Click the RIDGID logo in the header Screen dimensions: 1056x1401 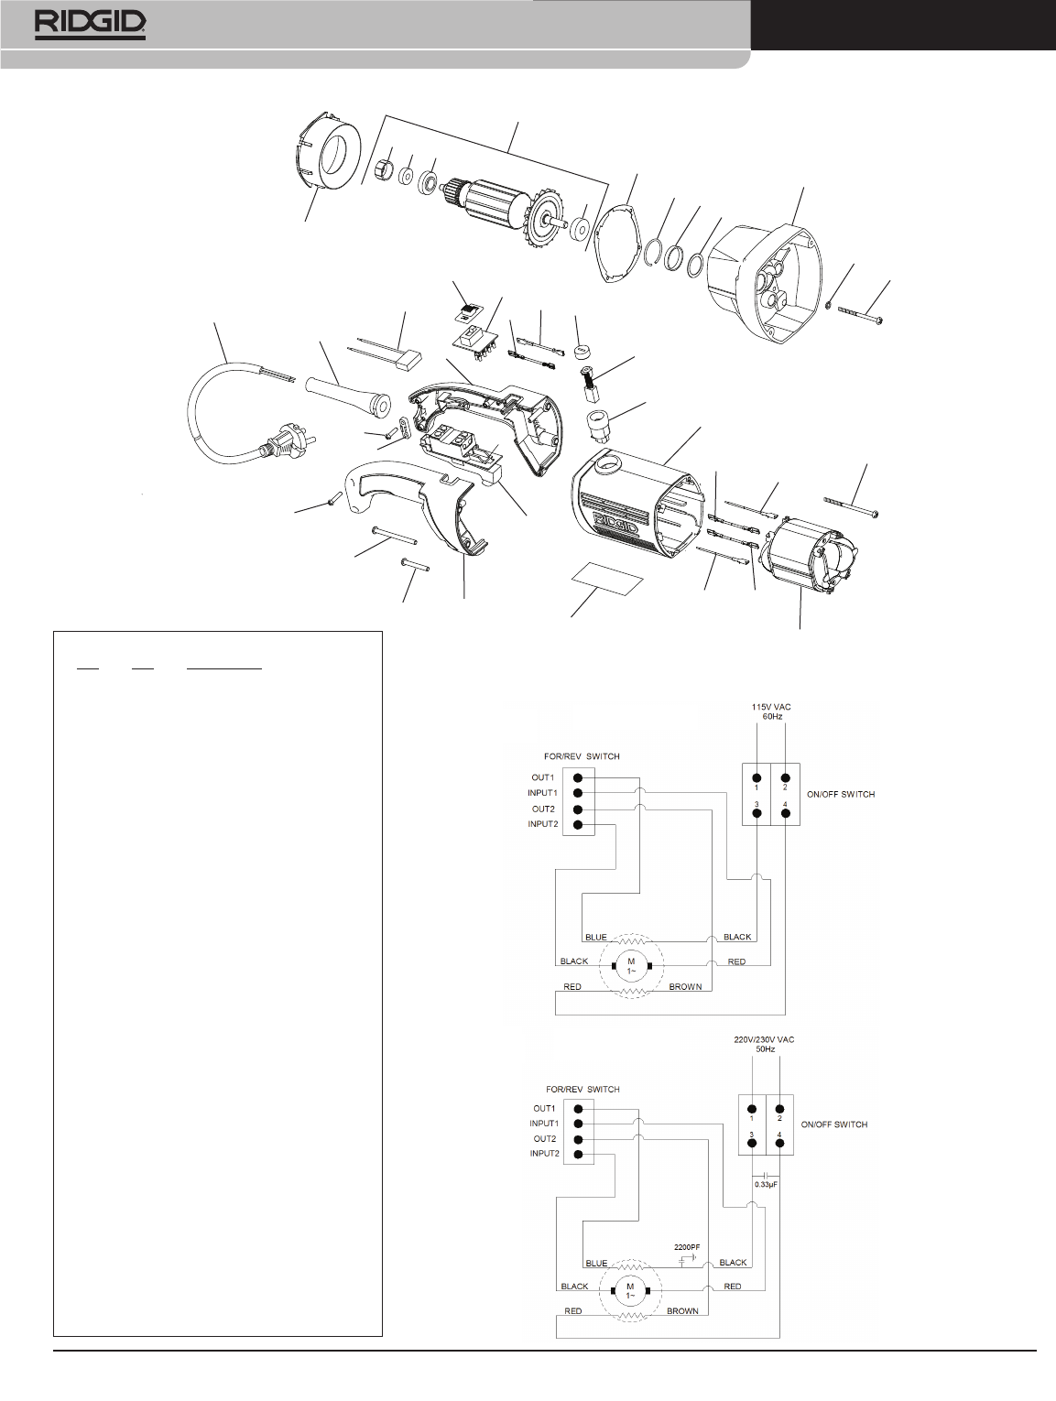[90, 25]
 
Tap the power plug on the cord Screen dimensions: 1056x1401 [279, 442]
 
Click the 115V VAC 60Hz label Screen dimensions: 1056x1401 [771, 711]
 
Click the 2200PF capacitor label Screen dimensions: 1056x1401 [687, 1246]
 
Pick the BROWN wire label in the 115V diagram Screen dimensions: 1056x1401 [685, 986]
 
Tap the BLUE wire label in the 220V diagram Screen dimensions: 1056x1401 [596, 1263]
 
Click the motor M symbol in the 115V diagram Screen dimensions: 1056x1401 [631, 966]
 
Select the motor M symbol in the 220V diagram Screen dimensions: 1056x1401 [631, 1290]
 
